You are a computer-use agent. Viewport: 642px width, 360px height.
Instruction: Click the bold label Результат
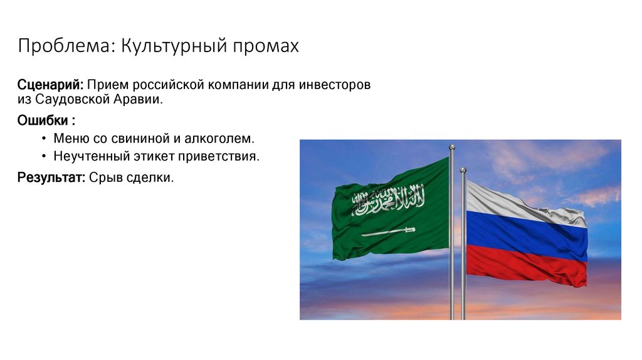51,177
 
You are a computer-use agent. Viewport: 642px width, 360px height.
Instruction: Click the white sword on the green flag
388,231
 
